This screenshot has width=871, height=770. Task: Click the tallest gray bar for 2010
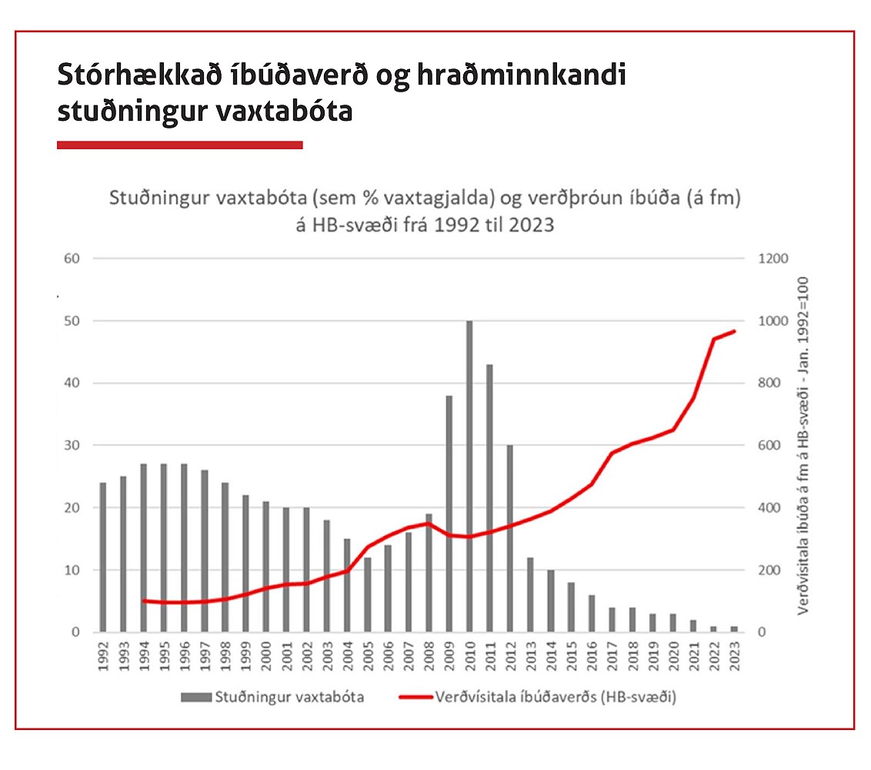(x=469, y=477)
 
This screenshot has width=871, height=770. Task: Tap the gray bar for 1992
(x=103, y=558)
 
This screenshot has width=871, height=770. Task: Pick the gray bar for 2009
(x=449, y=514)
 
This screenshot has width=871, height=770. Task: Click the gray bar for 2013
(x=531, y=595)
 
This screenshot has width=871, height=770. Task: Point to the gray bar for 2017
(x=612, y=620)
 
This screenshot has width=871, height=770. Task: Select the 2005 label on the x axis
(x=368, y=655)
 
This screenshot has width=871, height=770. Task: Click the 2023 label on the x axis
(x=736, y=655)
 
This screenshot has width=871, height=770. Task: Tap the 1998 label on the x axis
(x=225, y=655)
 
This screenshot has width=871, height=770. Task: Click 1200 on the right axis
(x=772, y=258)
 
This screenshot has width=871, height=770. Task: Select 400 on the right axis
(x=769, y=508)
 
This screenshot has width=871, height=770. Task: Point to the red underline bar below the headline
(x=179, y=145)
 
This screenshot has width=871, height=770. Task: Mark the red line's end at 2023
(x=735, y=332)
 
